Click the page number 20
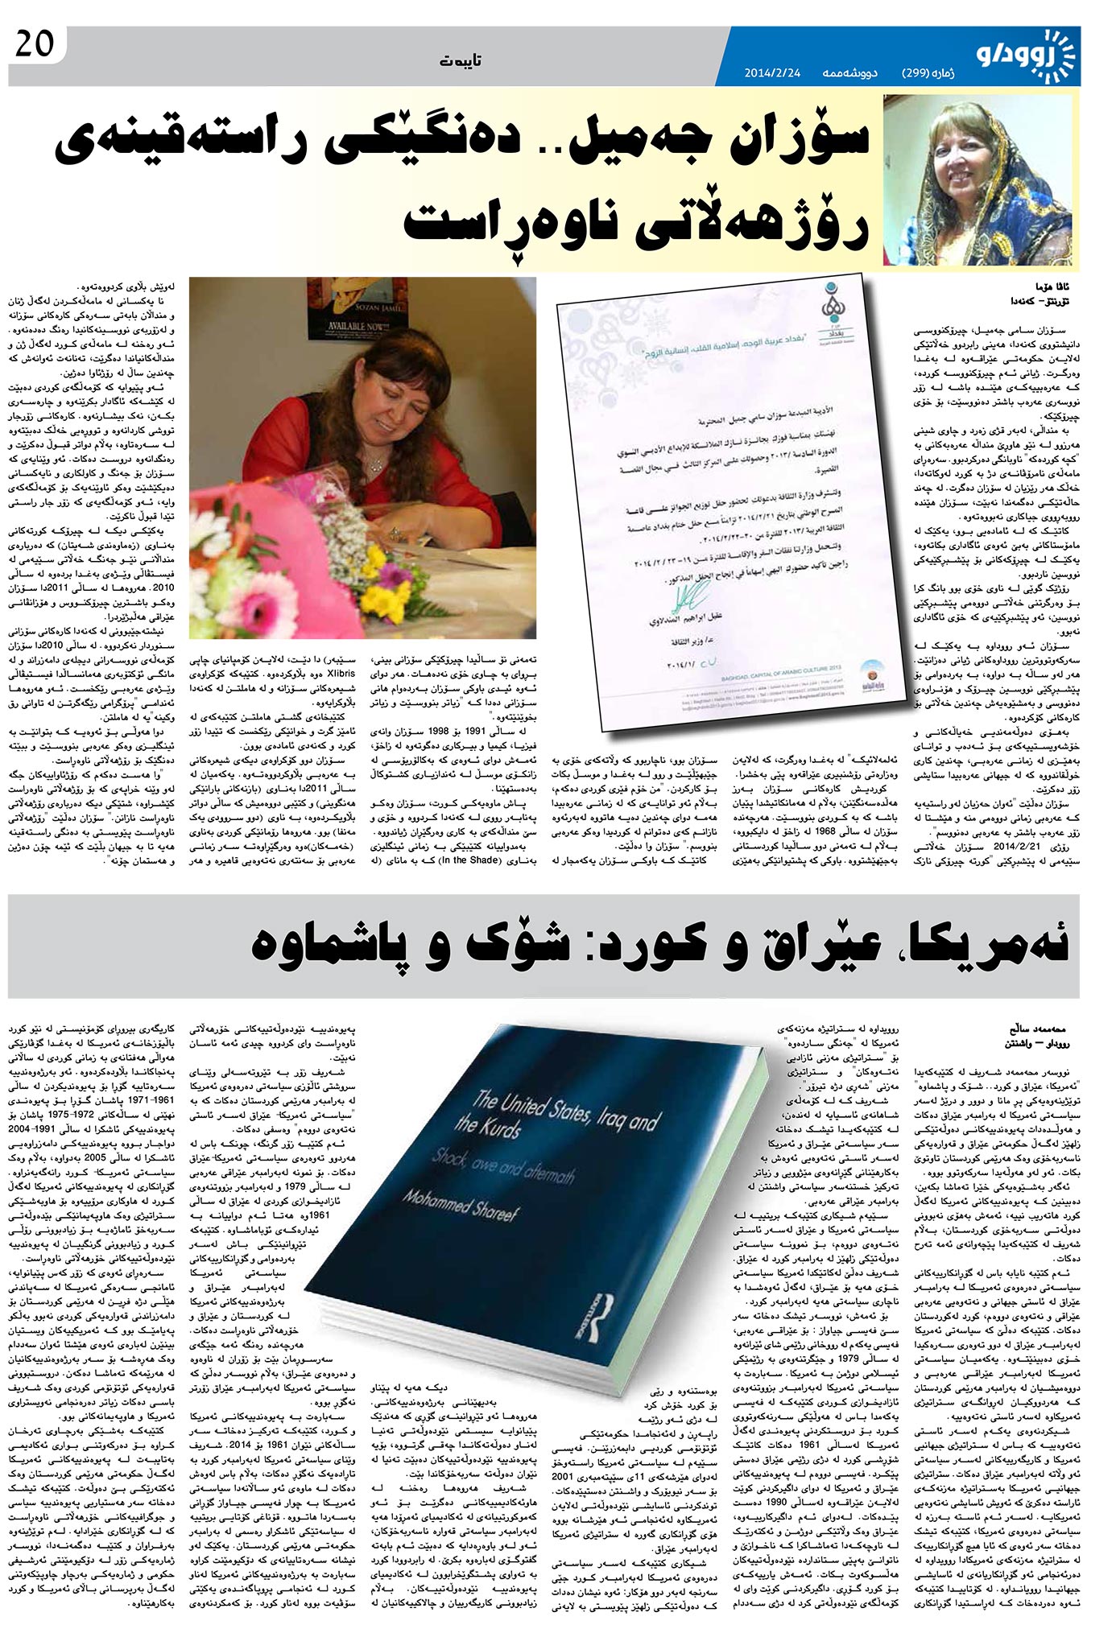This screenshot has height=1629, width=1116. (34, 44)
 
